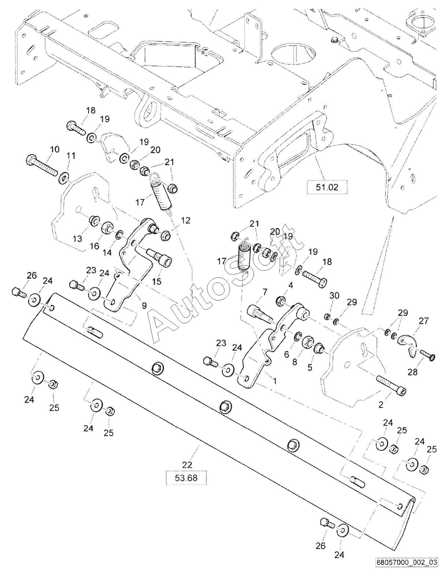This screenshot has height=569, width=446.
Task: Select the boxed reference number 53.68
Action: coord(186,478)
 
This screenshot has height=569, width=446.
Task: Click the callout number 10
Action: coord(55,149)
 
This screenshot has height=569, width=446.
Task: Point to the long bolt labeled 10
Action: coord(42,166)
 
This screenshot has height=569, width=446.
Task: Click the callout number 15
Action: coord(157,281)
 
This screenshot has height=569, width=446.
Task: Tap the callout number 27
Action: coord(425,320)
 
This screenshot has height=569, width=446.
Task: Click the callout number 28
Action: coord(413,372)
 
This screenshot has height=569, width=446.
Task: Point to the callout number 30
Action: coord(334,295)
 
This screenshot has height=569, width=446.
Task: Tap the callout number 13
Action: coord(78,239)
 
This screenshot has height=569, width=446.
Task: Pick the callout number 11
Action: coord(71,156)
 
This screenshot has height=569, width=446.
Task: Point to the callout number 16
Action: coord(95,246)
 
